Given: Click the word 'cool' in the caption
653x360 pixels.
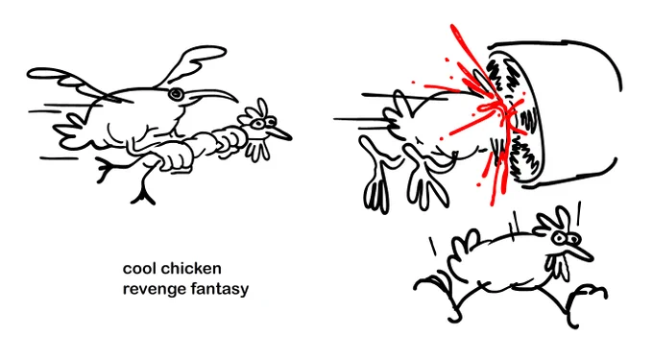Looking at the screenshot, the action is pyautogui.click(x=139, y=269).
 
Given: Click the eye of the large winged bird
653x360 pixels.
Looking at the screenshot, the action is pyautogui.click(x=176, y=94).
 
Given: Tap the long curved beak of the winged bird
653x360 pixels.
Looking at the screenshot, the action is pyautogui.click(x=212, y=96).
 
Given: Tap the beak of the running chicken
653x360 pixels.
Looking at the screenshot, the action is pyautogui.click(x=581, y=252).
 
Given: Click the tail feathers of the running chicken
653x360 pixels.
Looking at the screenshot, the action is pyautogui.click(x=463, y=250).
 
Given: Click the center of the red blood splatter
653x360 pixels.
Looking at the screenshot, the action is pyautogui.click(x=492, y=109).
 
